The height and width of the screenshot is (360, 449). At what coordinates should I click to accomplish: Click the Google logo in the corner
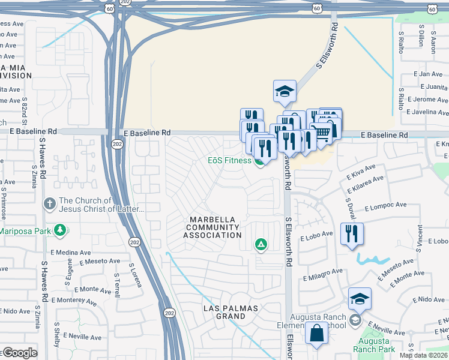(x=19, y=353)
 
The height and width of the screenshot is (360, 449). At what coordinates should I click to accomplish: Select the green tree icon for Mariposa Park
(x=59, y=230)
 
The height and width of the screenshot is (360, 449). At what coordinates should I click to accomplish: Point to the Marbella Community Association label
(x=212, y=227)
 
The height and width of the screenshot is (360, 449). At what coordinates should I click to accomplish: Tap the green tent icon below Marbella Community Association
(x=261, y=244)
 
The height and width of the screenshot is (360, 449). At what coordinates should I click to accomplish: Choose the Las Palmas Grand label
(x=230, y=312)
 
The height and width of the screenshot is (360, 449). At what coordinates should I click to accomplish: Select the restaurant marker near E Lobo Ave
(x=351, y=233)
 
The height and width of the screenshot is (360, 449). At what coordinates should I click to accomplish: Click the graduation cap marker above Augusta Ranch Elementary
(x=360, y=299)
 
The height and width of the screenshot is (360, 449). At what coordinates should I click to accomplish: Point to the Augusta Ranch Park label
(x=373, y=345)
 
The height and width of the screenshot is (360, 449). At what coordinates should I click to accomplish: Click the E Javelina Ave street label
(x=427, y=112)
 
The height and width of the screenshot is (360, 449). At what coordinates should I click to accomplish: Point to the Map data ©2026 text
(x=423, y=355)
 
